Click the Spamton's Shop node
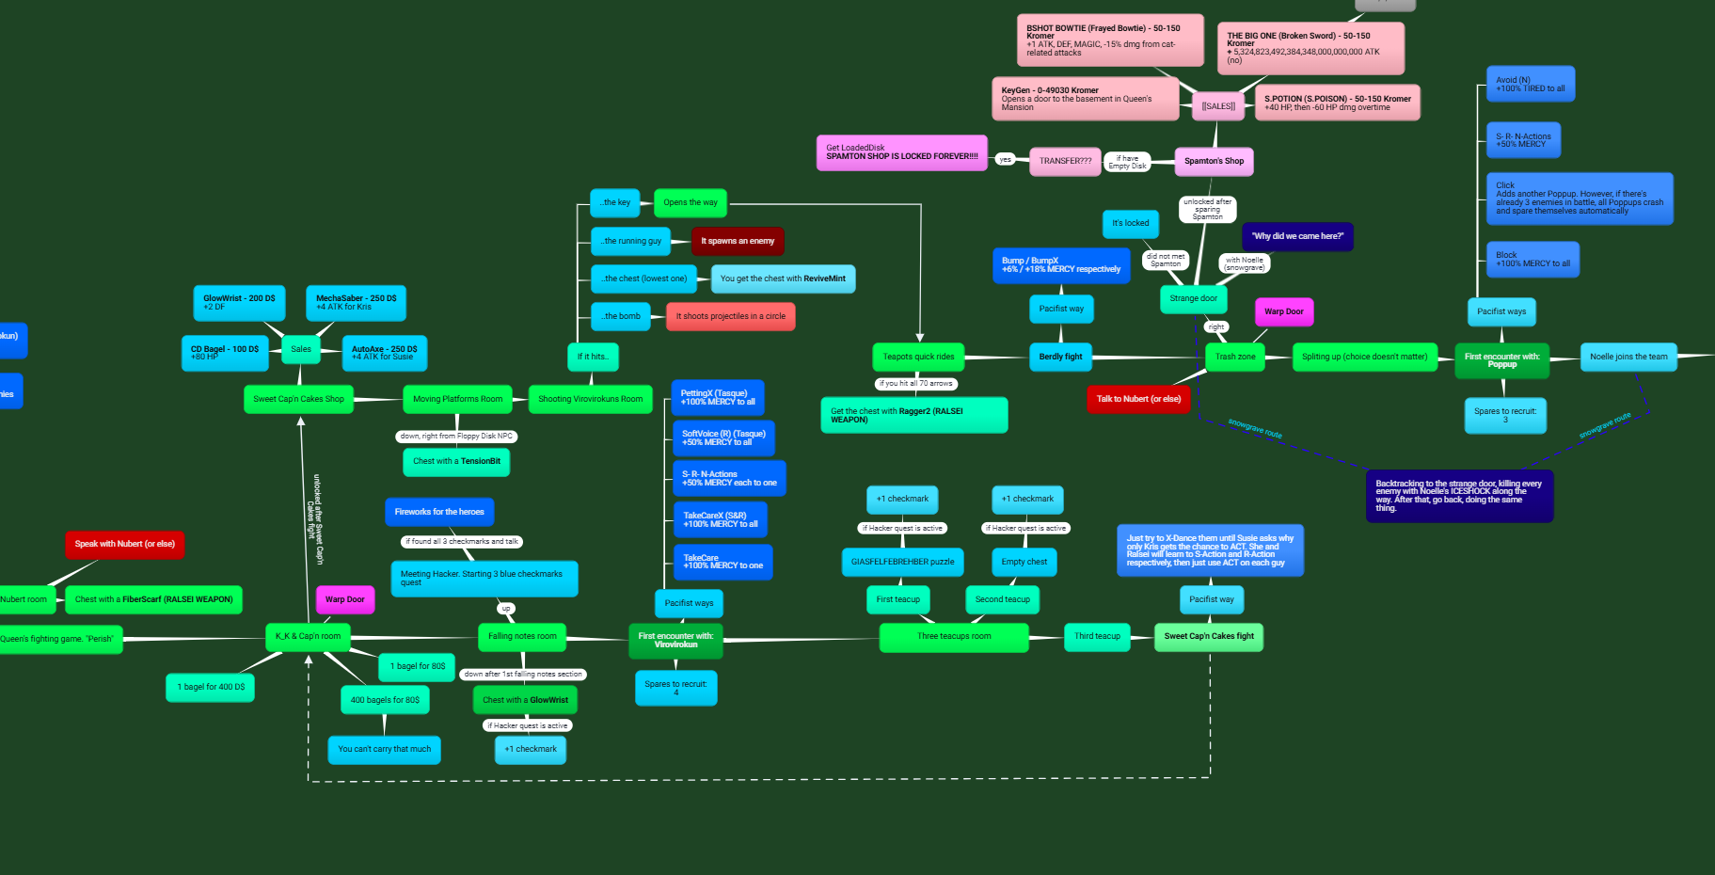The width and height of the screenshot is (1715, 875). pyautogui.click(x=1214, y=161)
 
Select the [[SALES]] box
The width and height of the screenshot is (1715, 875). pyautogui.click(x=1218, y=106)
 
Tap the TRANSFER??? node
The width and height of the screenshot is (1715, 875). pyautogui.click(x=1065, y=161)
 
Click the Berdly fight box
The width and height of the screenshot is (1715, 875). pyautogui.click(x=1060, y=357)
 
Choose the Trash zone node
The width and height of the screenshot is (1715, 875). pyautogui.click(x=1234, y=357)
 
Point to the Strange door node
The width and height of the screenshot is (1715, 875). pyautogui.click(x=1193, y=298)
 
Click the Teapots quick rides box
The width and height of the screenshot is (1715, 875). pyautogui.click(x=917, y=357)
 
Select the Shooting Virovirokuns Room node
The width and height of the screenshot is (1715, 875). pyautogui.click(x=590, y=399)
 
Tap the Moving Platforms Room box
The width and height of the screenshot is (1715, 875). pyautogui.click(x=457, y=399)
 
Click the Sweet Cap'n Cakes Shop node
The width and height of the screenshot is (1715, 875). pyautogui.click(x=298, y=399)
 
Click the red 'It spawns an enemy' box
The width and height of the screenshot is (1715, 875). pyautogui.click(x=737, y=241)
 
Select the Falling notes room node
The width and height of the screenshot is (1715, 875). pyautogui.click(x=522, y=636)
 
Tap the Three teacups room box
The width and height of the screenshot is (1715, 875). pyautogui.click(x=953, y=636)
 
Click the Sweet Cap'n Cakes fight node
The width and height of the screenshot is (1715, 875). pyautogui.click(x=1208, y=636)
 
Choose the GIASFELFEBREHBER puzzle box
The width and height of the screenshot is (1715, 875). pyautogui.click(x=902, y=562)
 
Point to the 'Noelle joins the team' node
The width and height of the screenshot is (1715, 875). pyautogui.click(x=1628, y=357)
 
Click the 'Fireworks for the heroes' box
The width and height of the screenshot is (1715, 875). pyautogui.click(x=439, y=512)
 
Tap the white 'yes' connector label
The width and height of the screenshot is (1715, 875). pyautogui.click(x=1005, y=160)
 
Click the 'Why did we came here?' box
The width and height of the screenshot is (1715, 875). pyautogui.click(x=1297, y=236)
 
